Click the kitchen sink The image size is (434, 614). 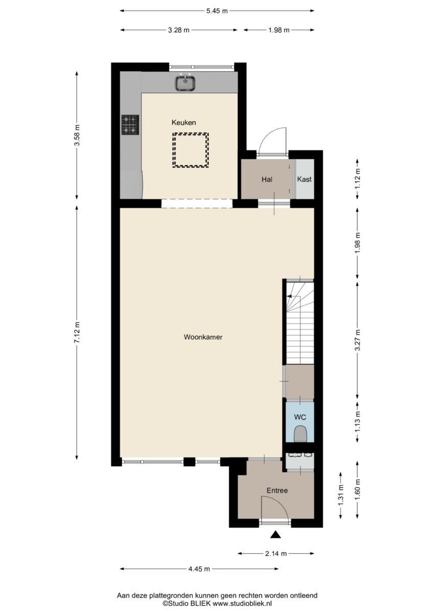click(186, 82)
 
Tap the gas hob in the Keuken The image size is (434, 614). click(130, 125)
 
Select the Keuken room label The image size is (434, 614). click(184, 122)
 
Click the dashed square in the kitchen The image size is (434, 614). click(191, 150)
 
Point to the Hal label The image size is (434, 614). click(267, 180)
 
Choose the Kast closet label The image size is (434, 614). click(305, 179)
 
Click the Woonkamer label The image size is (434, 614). click(203, 337)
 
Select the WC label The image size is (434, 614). click(300, 417)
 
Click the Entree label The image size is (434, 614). click(277, 490)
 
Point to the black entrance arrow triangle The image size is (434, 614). click(276, 535)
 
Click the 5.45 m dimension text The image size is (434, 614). click(217, 11)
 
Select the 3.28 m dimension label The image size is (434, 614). click(179, 30)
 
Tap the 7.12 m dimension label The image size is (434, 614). click(78, 332)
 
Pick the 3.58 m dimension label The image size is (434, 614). click(78, 135)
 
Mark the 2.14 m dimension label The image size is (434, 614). click(276, 554)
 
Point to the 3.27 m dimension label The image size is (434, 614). click(358, 340)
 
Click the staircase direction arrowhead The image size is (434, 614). click(289, 296)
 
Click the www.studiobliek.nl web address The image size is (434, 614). click(242, 603)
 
